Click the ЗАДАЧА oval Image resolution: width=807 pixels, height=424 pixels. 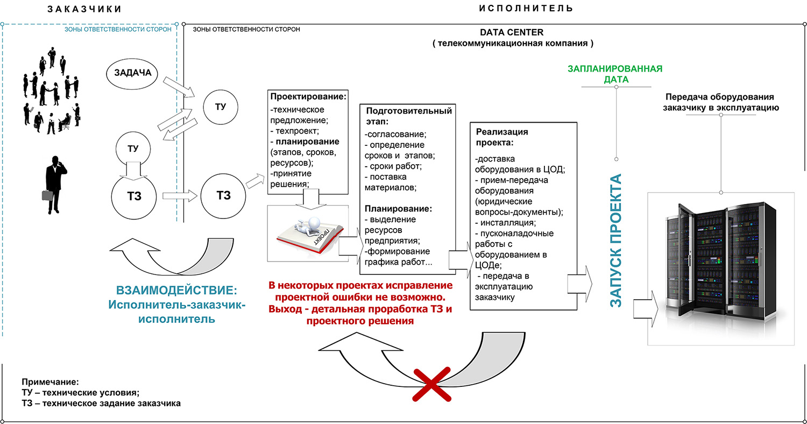(132, 73)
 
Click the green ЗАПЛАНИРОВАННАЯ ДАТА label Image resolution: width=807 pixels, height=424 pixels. (615, 74)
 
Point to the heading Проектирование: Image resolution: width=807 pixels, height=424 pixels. (308, 97)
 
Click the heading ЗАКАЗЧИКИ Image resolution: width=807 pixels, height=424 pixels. (83, 9)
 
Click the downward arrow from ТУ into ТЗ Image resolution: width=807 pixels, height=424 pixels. (131, 170)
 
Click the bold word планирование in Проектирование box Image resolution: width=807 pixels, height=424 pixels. (308, 142)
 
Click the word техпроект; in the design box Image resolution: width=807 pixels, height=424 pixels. (299, 131)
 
